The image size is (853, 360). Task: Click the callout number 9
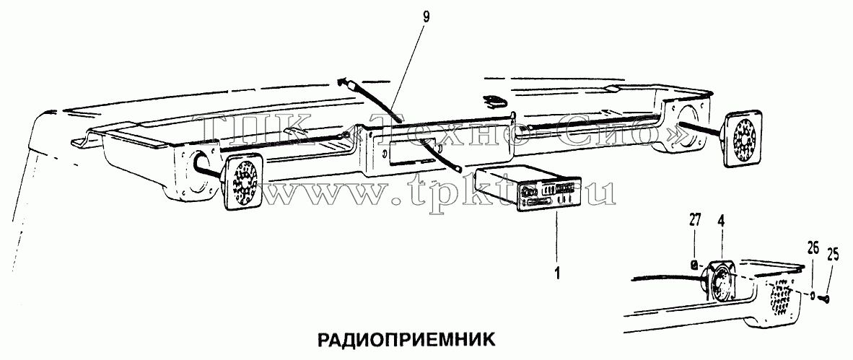click(426, 17)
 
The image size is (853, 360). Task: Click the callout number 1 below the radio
click(556, 271)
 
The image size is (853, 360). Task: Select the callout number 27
click(695, 220)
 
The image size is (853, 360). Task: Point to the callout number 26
click(813, 250)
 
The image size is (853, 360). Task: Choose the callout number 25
click(832, 254)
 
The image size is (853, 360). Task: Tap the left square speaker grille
click(242, 183)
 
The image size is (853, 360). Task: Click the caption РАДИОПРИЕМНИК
click(406, 340)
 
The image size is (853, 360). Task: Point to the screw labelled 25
click(825, 297)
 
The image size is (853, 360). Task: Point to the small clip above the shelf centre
click(494, 100)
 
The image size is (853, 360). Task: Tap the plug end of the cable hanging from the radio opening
click(458, 170)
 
